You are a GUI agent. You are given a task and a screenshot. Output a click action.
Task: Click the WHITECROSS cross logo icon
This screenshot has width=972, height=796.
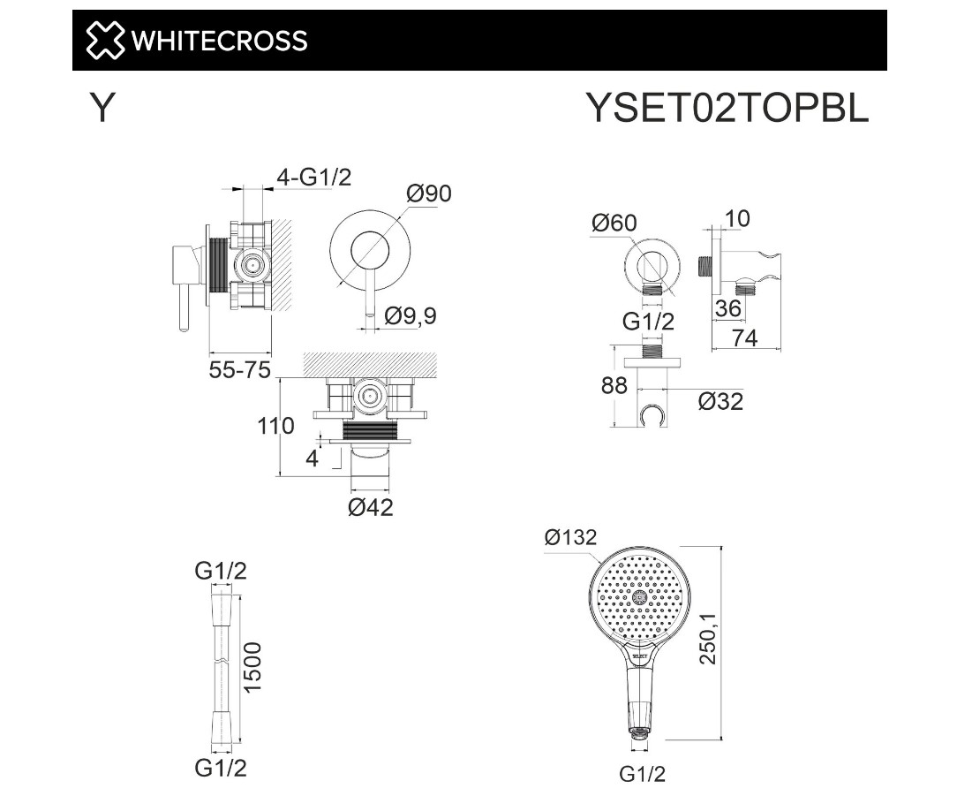tap(104, 41)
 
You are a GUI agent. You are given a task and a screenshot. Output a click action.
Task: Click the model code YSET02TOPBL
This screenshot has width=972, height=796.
tap(727, 108)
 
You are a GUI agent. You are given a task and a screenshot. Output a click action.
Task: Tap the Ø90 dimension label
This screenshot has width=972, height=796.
tap(429, 193)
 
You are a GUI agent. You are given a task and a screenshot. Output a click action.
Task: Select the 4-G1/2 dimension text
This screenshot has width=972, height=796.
tap(313, 178)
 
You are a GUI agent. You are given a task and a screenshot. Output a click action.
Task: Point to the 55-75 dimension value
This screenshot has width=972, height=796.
tap(240, 370)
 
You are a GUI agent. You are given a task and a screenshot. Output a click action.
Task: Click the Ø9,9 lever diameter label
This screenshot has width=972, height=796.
tap(411, 316)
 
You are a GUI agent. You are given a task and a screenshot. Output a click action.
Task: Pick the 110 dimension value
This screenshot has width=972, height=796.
tap(275, 426)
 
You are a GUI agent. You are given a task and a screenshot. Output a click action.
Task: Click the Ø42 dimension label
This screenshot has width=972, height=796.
tap(371, 507)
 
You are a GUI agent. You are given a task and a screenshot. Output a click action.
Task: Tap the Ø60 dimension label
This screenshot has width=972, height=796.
tap(614, 223)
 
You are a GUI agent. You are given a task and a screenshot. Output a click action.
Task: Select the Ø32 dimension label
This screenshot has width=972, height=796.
tap(720, 401)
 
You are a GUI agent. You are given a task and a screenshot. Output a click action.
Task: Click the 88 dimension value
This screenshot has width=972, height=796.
tap(614, 386)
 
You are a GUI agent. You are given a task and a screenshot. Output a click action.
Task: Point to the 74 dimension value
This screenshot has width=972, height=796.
tap(744, 338)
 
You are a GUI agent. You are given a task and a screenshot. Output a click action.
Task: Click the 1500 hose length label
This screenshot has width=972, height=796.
tap(252, 668)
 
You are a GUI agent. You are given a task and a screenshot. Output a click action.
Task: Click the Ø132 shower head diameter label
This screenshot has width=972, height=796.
tap(571, 537)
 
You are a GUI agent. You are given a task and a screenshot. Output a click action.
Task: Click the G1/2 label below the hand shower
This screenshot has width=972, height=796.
tap(642, 774)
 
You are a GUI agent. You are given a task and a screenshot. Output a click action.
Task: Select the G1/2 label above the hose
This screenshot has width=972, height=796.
tap(221, 571)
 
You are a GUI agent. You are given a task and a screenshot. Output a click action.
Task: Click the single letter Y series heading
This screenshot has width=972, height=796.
tap(102, 108)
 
